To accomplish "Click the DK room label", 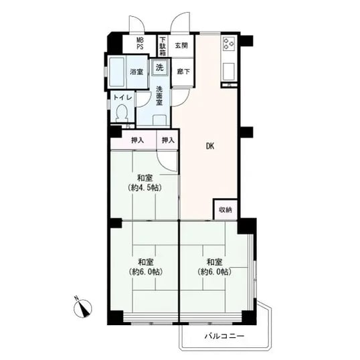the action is click(210, 146).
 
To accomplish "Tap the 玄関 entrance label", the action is click(181, 46).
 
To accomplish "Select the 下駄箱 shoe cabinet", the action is click(163, 46).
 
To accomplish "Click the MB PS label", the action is click(140, 44).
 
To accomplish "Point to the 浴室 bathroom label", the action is click(137, 72).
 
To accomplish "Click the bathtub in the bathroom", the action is click(117, 72).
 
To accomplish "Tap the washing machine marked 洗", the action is click(160, 68).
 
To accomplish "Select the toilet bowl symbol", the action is click(122, 112).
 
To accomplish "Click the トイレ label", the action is click(123, 97).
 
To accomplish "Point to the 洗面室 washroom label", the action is click(159, 96).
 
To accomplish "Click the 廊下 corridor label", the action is click(183, 72).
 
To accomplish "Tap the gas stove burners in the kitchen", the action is click(229, 44).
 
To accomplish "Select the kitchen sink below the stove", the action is click(229, 72).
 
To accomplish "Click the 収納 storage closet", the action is click(226, 209).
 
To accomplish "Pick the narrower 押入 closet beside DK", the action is click(168, 140).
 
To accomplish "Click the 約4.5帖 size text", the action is click(145, 188).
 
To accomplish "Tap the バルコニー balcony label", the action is click(224, 336).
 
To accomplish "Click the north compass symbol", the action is click(82, 308).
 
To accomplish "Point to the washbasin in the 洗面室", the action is click(159, 120).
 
